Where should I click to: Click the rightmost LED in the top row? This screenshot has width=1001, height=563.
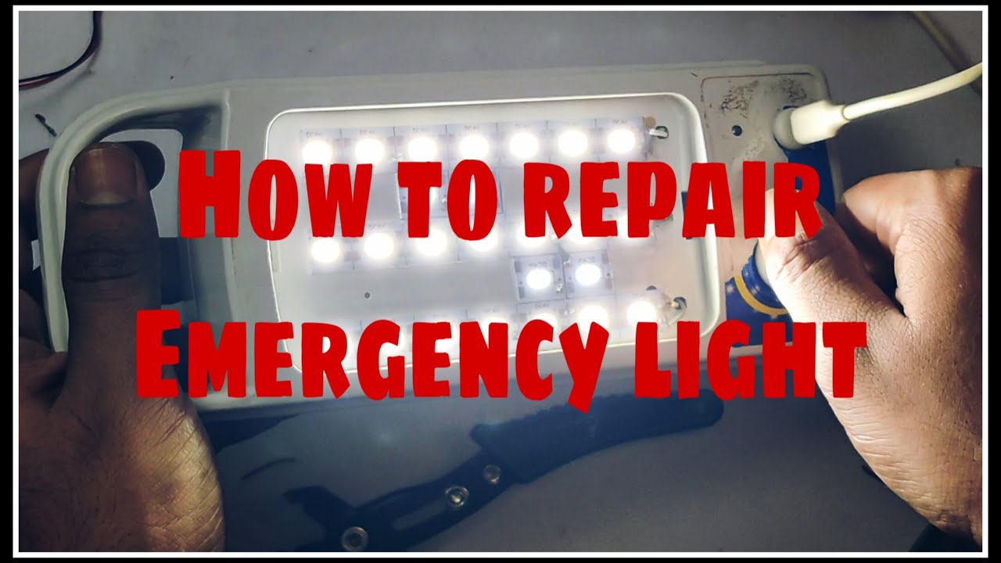pyautogui.click(x=622, y=141)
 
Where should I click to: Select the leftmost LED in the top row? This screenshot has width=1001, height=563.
pyautogui.click(x=317, y=149)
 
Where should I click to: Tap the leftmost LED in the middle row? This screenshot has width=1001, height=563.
pyautogui.click(x=325, y=249)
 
